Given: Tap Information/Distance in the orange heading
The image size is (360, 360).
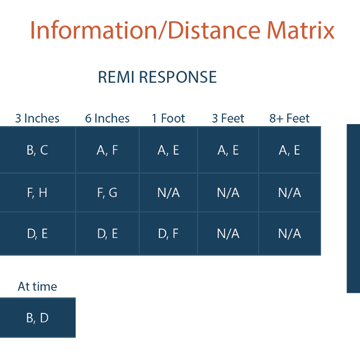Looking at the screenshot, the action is pyautogui.click(x=145, y=31).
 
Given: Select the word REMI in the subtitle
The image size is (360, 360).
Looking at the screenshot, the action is pyautogui.click(x=116, y=77).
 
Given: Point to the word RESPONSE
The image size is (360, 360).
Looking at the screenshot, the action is pyautogui.click(x=178, y=77).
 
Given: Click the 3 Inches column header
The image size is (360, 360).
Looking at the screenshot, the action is pyautogui.click(x=37, y=118).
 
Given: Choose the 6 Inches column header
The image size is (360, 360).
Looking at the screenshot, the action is pyautogui.click(x=107, y=118).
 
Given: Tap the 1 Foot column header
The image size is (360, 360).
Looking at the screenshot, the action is pyautogui.click(x=168, y=118).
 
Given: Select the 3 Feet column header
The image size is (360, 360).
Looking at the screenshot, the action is pyautogui.click(x=228, y=118).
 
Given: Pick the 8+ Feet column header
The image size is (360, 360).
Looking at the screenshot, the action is pyautogui.click(x=289, y=118).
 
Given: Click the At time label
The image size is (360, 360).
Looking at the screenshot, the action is pyautogui.click(x=37, y=287).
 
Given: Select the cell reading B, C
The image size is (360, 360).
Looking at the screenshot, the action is pyautogui.click(x=37, y=149).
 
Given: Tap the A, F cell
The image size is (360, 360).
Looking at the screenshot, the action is pyautogui.click(x=107, y=149).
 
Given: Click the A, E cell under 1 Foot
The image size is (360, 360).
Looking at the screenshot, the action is pyautogui.click(x=168, y=149).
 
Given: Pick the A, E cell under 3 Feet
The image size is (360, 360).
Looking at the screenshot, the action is pyautogui.click(x=228, y=149).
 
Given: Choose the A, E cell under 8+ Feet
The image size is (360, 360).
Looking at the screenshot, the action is pyautogui.click(x=290, y=149).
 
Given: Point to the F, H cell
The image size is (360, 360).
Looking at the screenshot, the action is pyautogui.click(x=37, y=192).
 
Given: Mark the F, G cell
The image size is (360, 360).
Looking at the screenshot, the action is pyautogui.click(x=107, y=192).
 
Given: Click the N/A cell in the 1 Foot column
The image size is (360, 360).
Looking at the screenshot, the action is pyautogui.click(x=168, y=192).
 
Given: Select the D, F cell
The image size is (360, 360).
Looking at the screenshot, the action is pyautogui.click(x=168, y=233).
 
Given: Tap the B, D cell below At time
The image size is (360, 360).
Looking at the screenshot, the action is pyautogui.click(x=37, y=318).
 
